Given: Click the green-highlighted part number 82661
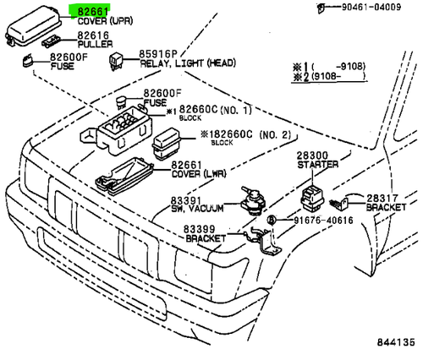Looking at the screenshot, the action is tap(93, 12).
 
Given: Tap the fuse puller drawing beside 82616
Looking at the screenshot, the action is tap(52, 41).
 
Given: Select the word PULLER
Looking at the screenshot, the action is tap(95, 44).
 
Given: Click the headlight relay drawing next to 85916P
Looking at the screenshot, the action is tap(116, 61).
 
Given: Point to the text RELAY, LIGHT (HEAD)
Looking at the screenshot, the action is tap(188, 63).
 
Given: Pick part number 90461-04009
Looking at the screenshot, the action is tap(371, 7).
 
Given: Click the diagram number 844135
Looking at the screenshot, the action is tap(396, 342).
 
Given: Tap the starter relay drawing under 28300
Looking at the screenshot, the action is tap(312, 199).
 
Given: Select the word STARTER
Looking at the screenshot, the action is tap(318, 165).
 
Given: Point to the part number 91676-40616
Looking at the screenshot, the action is tap(323, 221).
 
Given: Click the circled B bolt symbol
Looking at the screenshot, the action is tap(272, 220).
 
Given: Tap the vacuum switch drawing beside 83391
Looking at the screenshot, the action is tap(252, 200).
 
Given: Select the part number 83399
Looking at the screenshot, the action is tap(200, 229).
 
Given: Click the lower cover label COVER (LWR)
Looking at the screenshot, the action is tap(199, 174).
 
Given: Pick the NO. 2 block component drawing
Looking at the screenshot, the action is tap(167, 144).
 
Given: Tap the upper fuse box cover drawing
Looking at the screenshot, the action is tap(33, 26).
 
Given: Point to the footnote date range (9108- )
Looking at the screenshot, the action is tap(338, 76).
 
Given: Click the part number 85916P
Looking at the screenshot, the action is tap(158, 54).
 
